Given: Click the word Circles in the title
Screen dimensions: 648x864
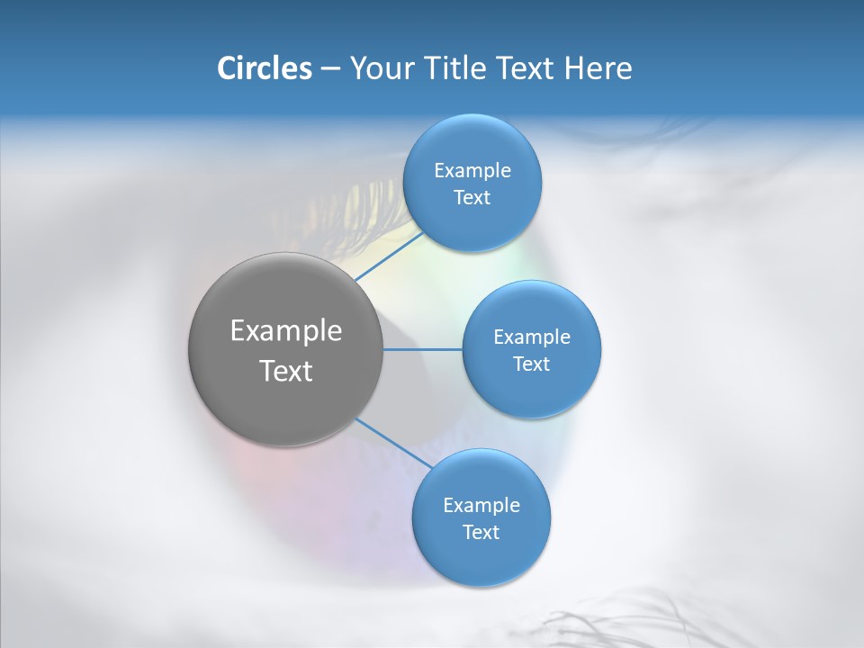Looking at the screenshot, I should [265, 68].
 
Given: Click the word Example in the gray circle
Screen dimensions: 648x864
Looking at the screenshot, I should [286, 330].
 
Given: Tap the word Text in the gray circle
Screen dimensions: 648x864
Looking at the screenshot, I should [286, 371].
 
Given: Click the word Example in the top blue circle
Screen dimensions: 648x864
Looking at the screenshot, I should [472, 170].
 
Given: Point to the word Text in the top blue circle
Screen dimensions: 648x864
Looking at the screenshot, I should [472, 197].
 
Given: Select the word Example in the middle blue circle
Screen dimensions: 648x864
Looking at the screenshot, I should [532, 337].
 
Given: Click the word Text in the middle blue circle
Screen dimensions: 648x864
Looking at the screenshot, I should [532, 364].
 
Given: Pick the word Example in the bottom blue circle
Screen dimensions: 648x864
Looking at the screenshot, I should [481, 505].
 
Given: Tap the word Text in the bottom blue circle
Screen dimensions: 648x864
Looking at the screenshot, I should [481, 532].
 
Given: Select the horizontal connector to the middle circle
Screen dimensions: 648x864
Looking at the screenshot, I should [423, 349].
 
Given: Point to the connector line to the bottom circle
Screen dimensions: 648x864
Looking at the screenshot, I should [393, 443].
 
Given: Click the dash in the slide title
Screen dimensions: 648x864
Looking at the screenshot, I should [330, 68].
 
